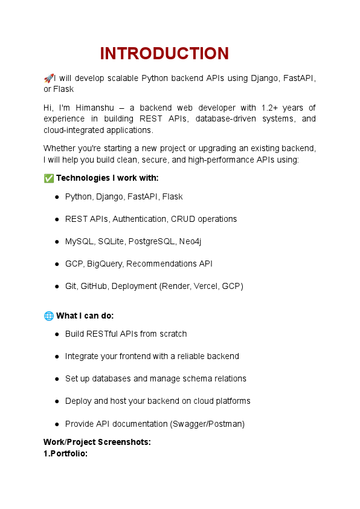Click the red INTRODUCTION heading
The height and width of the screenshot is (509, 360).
pyautogui.click(x=164, y=54)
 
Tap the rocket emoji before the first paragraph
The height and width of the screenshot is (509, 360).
pyautogui.click(x=48, y=78)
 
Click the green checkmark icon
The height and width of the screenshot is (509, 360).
pyautogui.click(x=48, y=178)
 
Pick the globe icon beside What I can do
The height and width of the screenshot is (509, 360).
pyautogui.click(x=48, y=316)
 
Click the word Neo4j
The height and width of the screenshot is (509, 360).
pyautogui.click(x=190, y=241)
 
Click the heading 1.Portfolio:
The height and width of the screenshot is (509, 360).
pyautogui.click(x=66, y=453)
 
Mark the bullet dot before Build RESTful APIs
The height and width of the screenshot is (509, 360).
pyautogui.click(x=56, y=334)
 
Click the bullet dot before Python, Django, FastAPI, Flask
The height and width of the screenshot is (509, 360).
pyautogui.click(x=56, y=197)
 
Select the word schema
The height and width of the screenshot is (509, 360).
pyautogui.click(x=190, y=378)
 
